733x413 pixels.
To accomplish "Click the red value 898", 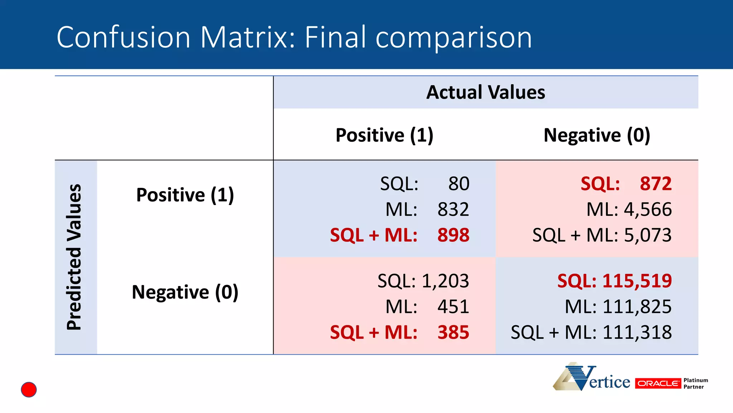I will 453,235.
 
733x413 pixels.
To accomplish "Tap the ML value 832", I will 453,209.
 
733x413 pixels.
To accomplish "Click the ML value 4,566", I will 648,209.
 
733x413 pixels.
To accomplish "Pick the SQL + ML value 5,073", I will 648,235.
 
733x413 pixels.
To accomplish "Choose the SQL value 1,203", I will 445,281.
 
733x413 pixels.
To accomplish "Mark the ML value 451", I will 453,307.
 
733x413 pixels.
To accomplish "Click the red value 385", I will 453,332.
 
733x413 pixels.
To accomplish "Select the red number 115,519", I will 637,281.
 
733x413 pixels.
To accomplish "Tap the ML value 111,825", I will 637,307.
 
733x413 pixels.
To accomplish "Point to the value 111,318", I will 637,332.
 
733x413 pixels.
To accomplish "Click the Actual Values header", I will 486,92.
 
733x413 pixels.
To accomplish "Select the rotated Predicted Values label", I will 74,257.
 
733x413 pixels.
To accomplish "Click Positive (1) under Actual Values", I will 384,135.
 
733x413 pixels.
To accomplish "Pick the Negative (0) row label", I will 185,292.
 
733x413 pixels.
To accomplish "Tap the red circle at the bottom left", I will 29,389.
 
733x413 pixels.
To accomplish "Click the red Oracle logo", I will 658,383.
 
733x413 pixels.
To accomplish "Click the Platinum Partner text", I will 695,383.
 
